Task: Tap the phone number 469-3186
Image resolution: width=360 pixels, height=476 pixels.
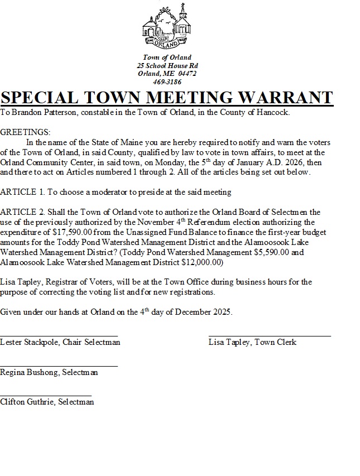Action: coord(167,81)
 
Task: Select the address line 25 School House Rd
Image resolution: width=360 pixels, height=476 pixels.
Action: coord(167,65)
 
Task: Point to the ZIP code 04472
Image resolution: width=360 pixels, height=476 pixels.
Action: coord(187,73)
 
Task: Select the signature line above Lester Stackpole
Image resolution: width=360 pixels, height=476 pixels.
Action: coord(59,335)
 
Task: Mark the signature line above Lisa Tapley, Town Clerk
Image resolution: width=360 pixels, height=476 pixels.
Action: coord(270,335)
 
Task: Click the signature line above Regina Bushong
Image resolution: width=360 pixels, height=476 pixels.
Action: coord(59,366)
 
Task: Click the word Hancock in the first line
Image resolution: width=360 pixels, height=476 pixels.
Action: coord(273,112)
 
